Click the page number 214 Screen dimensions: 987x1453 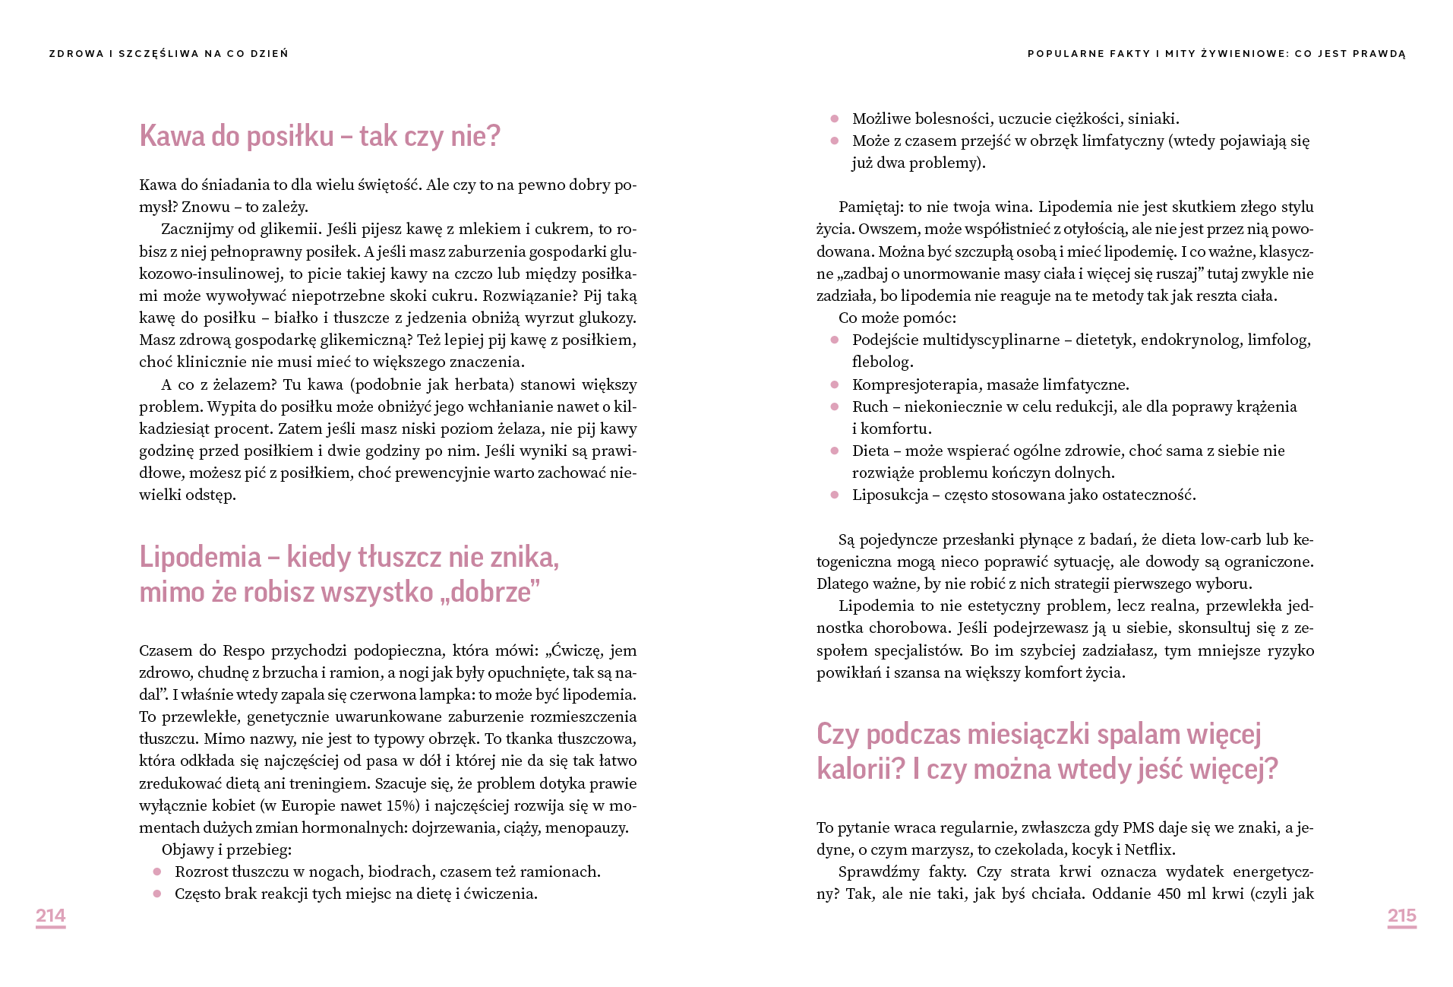(x=50, y=916)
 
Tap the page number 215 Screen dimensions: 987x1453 (x=1401, y=916)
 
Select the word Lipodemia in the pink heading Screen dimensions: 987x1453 (x=200, y=558)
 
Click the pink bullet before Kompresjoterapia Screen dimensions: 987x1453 (x=835, y=384)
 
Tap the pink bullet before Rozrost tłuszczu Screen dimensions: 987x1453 (x=157, y=872)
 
